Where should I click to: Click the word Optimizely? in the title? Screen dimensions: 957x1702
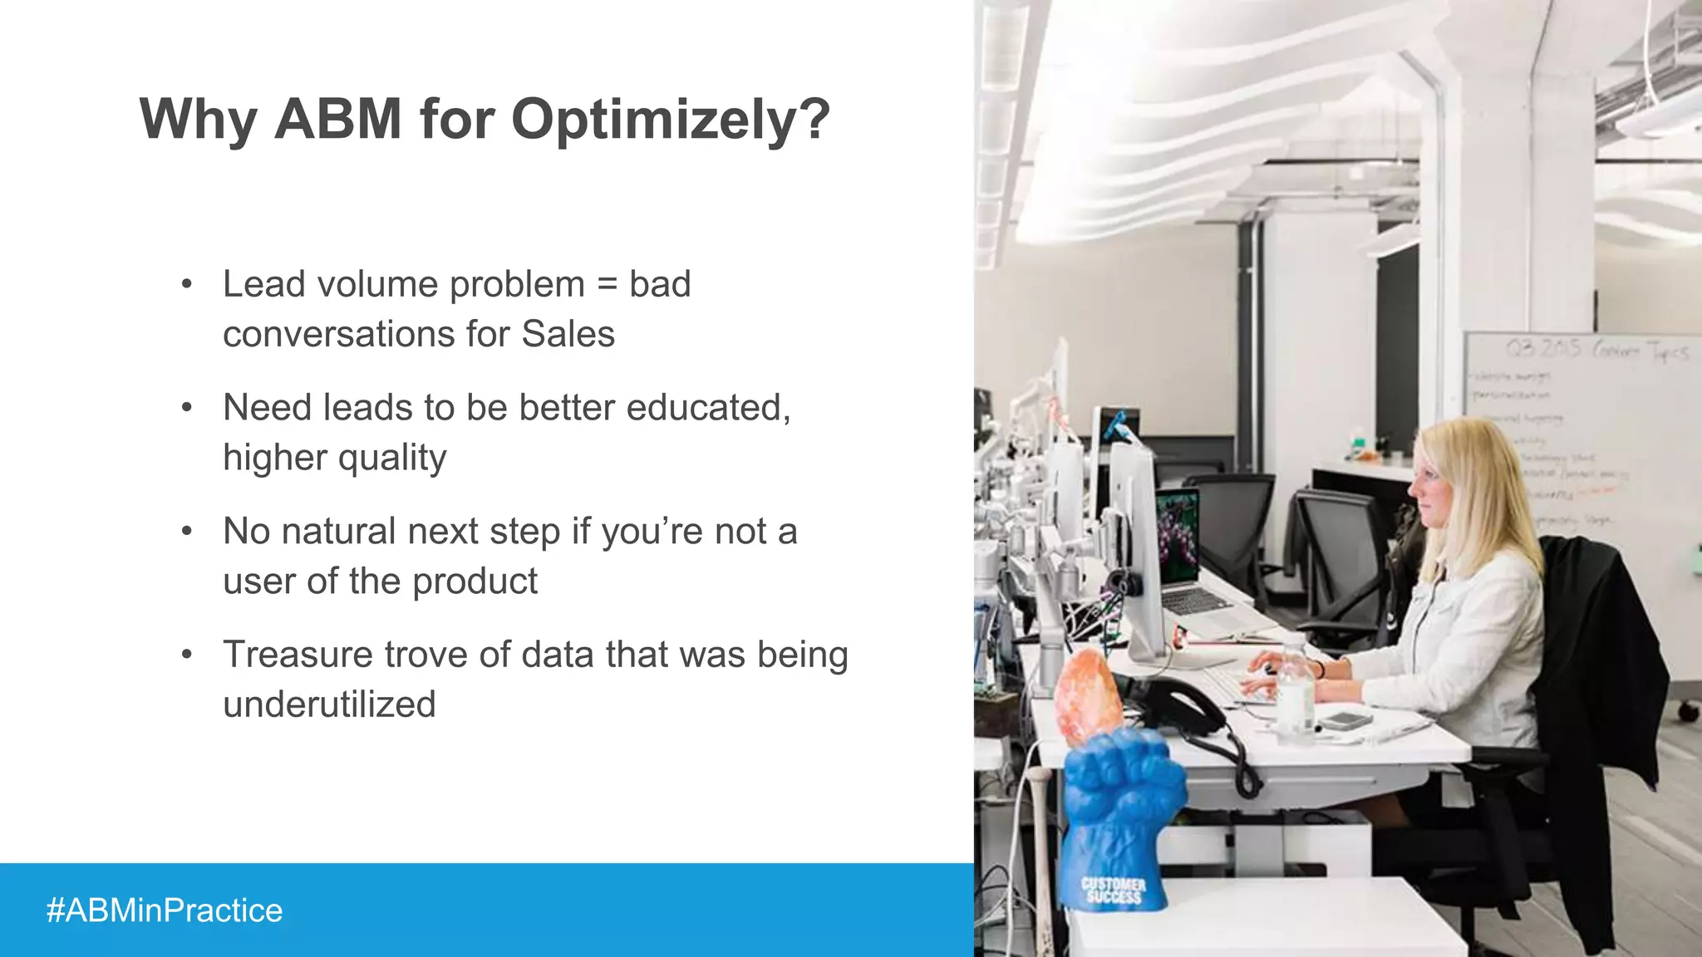pos(670,119)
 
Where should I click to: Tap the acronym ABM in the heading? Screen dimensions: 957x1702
pos(338,119)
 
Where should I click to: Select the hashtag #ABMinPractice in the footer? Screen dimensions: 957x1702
pos(165,910)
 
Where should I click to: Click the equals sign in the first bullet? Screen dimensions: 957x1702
pos(608,285)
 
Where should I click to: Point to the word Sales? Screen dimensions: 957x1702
pos(568,335)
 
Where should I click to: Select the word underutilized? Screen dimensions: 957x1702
pos(329,704)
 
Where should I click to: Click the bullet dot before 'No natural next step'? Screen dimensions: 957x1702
pos(187,531)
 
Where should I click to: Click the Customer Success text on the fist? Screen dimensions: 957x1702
pos(1114,890)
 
